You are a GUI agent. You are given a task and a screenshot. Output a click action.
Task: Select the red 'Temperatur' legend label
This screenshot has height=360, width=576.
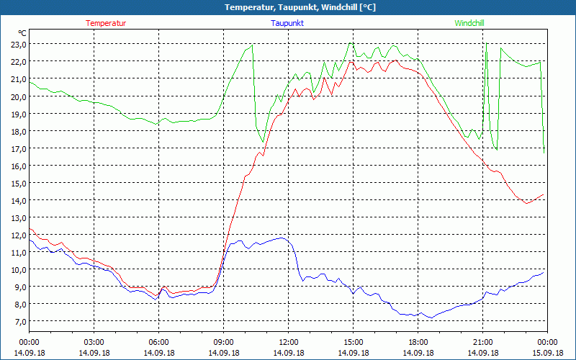106,23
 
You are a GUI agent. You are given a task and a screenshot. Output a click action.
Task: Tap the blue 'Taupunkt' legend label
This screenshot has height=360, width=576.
287,23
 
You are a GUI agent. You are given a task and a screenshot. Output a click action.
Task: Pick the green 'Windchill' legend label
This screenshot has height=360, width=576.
469,23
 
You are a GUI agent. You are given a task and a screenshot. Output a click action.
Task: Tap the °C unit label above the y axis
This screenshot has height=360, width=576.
22,33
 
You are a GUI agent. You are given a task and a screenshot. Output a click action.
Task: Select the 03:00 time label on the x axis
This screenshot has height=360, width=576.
94,342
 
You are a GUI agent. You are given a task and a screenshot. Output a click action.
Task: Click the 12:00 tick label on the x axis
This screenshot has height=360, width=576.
289,342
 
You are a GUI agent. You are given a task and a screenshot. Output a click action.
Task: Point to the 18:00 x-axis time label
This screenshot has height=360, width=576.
418,342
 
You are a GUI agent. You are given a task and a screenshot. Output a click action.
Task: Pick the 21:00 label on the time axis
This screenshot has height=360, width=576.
482,342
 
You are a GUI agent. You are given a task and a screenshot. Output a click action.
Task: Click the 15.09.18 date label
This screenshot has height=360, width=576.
547,353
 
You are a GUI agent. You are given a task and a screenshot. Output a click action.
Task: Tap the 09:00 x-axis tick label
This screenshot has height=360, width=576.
223,342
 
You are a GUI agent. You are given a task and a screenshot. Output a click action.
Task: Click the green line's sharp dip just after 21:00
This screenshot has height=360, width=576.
496,149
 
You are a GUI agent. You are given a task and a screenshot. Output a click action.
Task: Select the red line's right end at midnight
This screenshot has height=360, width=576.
544,194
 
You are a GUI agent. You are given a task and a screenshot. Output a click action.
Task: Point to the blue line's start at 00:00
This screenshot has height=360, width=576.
30,240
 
